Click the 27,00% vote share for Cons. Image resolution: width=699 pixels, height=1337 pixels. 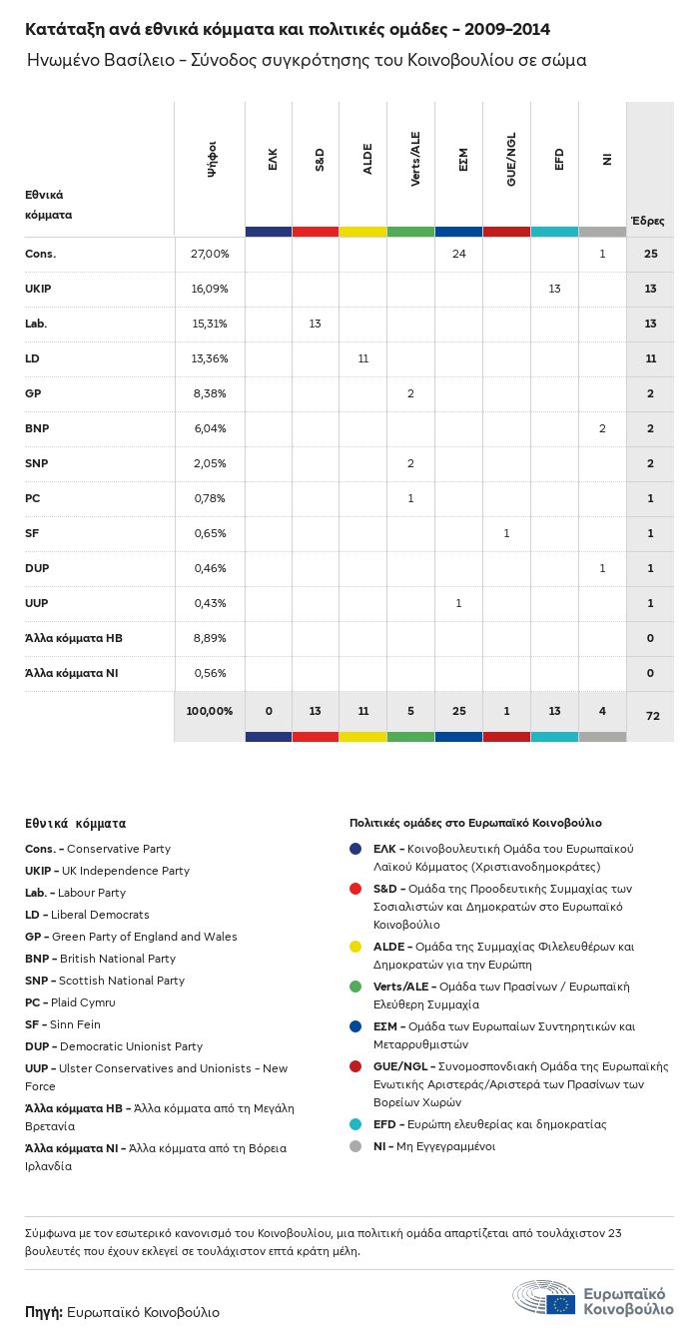coord(210,254)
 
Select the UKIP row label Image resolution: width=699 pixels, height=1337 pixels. coord(38,289)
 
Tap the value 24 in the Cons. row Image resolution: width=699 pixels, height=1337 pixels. coord(458,254)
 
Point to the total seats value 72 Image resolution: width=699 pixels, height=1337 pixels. coord(650,717)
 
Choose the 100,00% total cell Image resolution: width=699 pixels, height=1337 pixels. coord(210,711)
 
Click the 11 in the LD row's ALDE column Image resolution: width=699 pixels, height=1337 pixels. coord(362,358)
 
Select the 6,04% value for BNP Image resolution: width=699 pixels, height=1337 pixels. coord(210,428)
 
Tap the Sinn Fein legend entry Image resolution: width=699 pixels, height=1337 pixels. coord(63,1024)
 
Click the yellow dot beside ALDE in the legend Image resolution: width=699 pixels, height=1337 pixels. coord(355,947)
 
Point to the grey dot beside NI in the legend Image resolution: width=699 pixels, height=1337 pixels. coord(355,1146)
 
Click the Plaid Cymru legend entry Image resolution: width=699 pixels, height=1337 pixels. coord(70,1003)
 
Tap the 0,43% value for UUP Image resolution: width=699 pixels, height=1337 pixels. coord(210,603)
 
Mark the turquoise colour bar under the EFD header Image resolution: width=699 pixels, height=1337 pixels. coord(554,232)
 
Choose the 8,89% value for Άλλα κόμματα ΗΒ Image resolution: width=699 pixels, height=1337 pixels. coord(210,638)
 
